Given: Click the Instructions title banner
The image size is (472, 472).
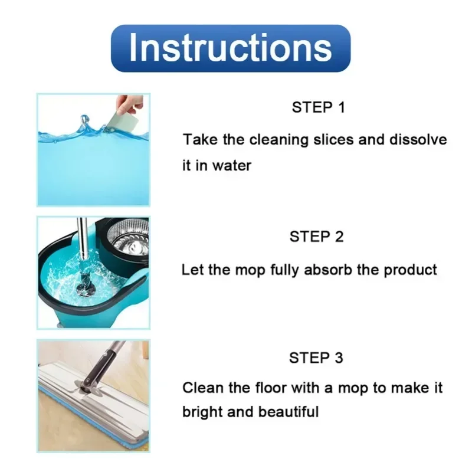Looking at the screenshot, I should point(230,48).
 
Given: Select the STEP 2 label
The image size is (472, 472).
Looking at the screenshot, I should point(316,237).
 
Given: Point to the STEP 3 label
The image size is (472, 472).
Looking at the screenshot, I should point(316,358).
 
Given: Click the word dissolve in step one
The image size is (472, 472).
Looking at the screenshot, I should point(417,140).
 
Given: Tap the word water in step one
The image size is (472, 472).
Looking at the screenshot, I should point(232,165).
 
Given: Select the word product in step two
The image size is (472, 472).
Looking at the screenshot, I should point(411,270).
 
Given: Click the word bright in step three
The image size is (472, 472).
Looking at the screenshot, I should point(201,411).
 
